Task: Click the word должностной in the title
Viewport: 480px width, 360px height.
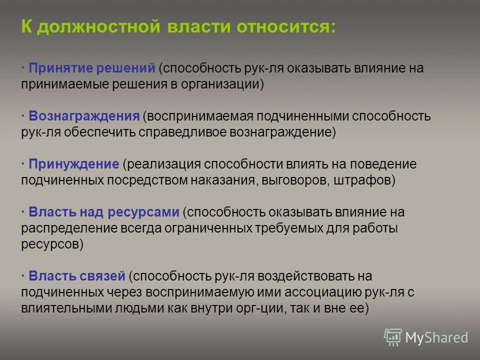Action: coord(98,26)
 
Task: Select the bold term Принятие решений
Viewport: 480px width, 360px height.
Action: coord(92,68)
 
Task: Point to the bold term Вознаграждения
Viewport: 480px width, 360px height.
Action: coord(84,116)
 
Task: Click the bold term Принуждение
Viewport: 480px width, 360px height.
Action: coord(74,164)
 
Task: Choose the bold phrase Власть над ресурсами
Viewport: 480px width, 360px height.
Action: coord(104,212)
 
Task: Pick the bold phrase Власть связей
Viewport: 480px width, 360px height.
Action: coord(77,276)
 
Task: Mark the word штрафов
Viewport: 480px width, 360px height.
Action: coord(362,180)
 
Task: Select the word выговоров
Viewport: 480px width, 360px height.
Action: coord(295,180)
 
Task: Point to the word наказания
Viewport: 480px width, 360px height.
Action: coord(223,180)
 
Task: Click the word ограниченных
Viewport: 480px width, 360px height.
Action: coord(208,228)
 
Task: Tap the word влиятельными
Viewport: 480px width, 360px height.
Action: coord(66,308)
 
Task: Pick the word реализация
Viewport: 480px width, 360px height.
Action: coord(163,164)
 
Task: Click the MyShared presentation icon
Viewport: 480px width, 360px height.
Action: coord(393,337)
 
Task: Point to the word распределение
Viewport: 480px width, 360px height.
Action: coord(69,228)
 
